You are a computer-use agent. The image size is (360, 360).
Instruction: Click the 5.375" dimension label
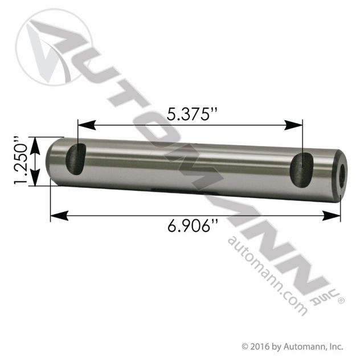(x=191, y=114)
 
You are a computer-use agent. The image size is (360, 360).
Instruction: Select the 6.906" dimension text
(x=193, y=226)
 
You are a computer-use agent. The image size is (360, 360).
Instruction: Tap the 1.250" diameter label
(x=21, y=161)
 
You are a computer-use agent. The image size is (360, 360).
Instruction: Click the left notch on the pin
(x=76, y=159)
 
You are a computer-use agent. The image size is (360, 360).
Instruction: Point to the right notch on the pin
(x=301, y=169)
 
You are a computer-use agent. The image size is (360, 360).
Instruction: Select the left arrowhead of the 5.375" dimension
(x=87, y=125)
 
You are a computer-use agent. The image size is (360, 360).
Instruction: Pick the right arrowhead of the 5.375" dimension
(x=293, y=125)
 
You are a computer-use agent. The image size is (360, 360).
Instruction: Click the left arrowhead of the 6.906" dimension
(x=59, y=215)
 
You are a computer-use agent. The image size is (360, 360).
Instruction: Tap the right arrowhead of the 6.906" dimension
(x=331, y=215)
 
